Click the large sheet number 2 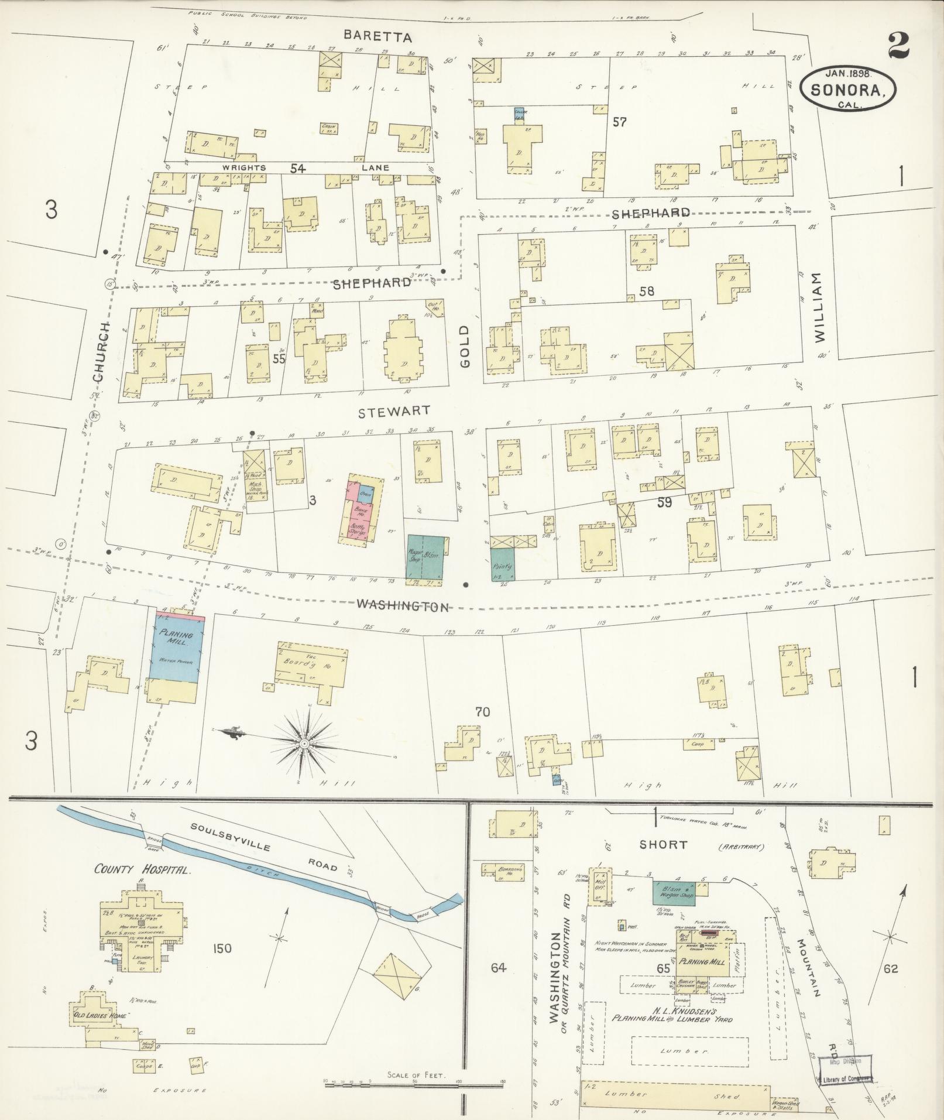pyautogui.click(x=898, y=45)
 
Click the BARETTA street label pyautogui.click(x=377, y=36)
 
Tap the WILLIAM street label pyautogui.click(x=818, y=307)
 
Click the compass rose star pyautogui.click(x=304, y=743)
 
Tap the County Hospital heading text pyautogui.click(x=142, y=870)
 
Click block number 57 pyautogui.click(x=620, y=122)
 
